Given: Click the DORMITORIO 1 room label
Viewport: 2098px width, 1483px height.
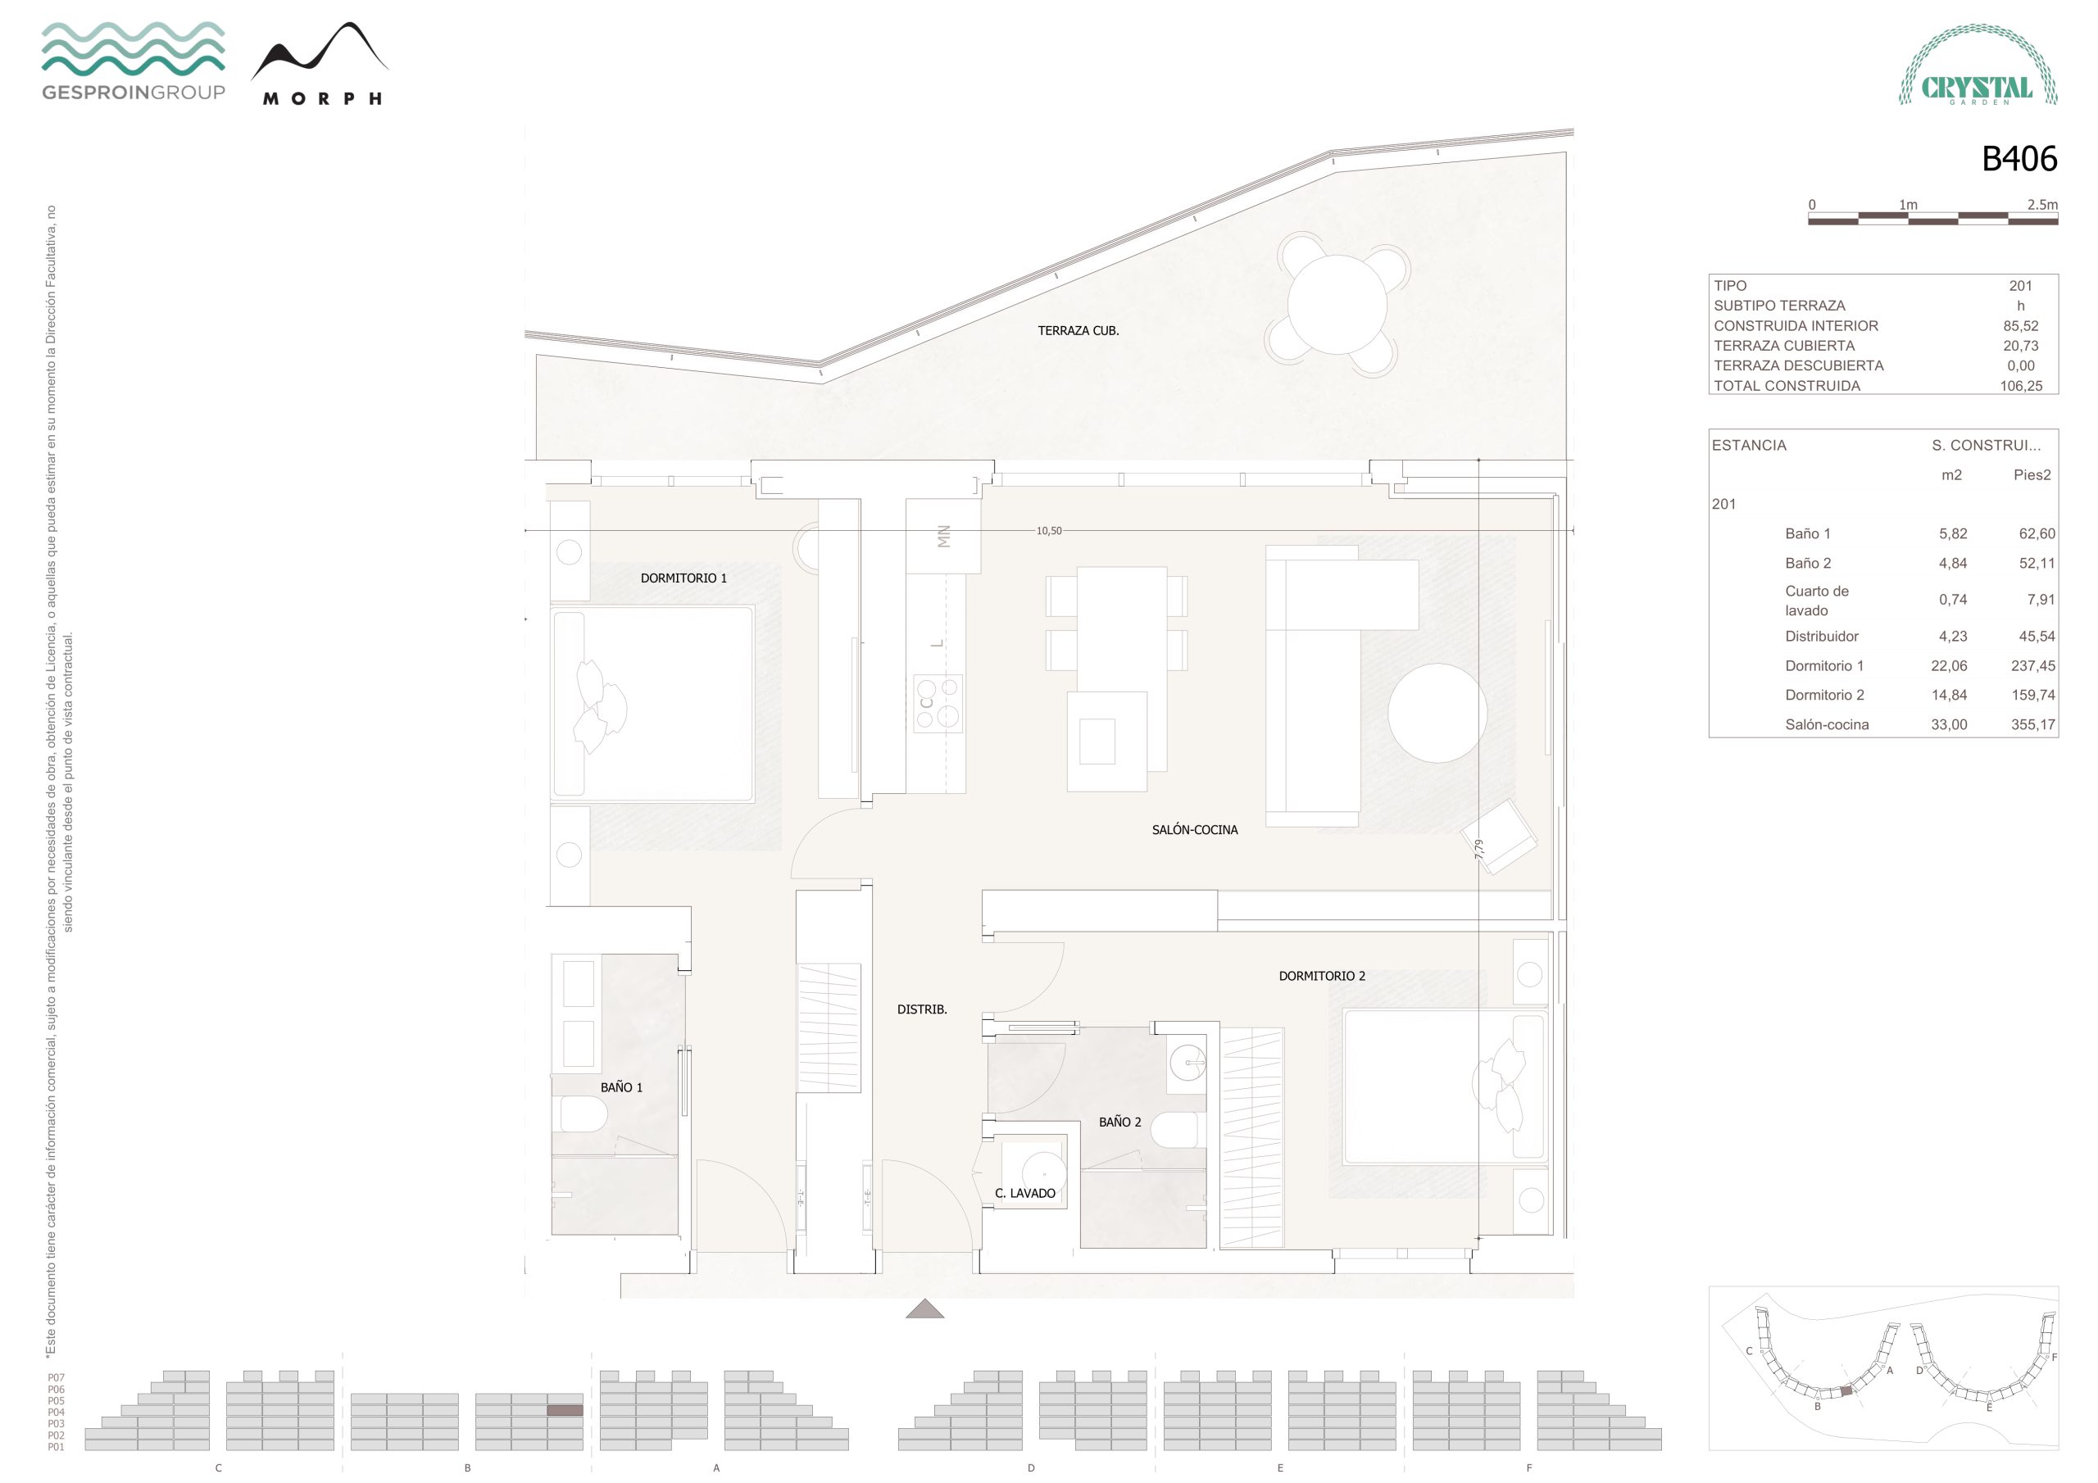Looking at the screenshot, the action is [683, 578].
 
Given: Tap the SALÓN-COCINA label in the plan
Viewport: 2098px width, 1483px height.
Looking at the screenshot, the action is [1194, 830].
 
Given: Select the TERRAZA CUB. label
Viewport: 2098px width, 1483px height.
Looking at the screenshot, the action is [1079, 331].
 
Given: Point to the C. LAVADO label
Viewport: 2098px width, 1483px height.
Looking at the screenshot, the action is [1025, 1193].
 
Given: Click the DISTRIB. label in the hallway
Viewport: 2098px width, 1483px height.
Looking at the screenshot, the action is [922, 1009].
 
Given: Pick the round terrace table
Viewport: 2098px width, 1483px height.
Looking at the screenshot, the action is [1337, 304].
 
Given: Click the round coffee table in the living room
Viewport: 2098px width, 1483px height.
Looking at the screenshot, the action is [1437, 713].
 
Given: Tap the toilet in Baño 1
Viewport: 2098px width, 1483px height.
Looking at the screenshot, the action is [583, 1113].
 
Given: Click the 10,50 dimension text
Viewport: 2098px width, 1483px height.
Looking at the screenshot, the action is [1049, 531].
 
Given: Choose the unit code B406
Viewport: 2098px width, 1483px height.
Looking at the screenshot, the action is [2019, 159].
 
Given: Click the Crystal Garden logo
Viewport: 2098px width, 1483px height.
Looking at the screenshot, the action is [1978, 66].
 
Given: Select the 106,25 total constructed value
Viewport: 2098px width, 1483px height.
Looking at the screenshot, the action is [2021, 386].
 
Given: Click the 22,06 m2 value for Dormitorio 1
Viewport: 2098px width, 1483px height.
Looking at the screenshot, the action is [1949, 666].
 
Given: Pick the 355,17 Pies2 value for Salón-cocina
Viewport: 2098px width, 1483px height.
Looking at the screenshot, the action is [2033, 724].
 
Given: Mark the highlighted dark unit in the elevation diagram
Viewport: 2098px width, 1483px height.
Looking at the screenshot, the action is [565, 1411].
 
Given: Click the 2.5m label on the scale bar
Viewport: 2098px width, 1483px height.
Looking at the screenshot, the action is [2042, 205].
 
